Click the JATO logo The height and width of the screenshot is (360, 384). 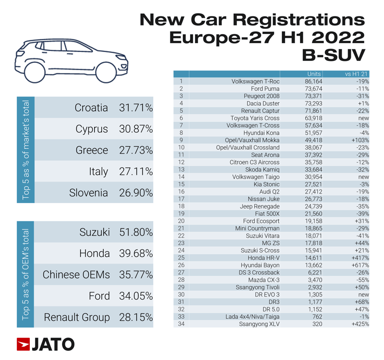coord(46,344)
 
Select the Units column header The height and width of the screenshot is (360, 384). coord(314,74)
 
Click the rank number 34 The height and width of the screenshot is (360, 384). coord(181,323)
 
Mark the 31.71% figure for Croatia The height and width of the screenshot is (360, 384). coord(136,108)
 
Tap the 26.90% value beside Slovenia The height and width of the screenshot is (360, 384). coord(136,193)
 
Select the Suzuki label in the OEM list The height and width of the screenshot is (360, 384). coord(95,233)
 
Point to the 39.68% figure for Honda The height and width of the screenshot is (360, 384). coord(136,254)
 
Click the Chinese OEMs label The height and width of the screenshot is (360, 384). coord(76,275)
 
